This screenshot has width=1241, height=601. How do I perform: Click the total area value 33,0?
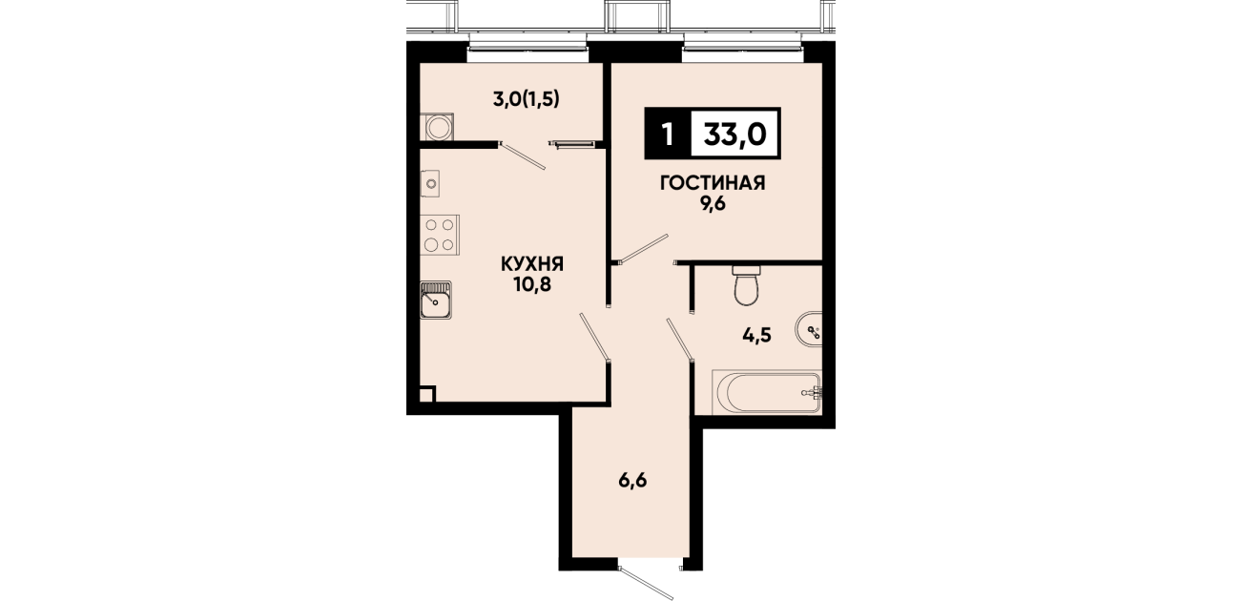click(734, 135)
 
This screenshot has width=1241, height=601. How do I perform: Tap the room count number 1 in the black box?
click(668, 135)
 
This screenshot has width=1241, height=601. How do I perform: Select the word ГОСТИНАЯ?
click(713, 183)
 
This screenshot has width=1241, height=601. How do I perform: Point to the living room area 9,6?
click(713, 204)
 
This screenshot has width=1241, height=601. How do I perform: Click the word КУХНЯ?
click(532, 263)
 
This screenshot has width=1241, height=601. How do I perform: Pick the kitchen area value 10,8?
click(532, 284)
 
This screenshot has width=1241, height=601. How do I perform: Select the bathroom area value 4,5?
click(757, 335)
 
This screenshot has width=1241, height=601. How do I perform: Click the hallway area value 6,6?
click(632, 480)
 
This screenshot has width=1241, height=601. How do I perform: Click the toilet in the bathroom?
click(746, 284)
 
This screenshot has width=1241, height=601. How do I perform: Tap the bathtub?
click(766, 392)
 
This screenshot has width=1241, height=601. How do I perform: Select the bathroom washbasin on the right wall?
click(810, 331)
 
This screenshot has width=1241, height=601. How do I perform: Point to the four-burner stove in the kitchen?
click(440, 235)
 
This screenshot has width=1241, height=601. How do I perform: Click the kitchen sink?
click(436, 300)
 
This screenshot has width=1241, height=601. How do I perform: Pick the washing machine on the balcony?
click(437, 127)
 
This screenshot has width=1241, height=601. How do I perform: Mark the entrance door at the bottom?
click(646, 583)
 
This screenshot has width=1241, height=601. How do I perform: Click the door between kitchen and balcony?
click(522, 155)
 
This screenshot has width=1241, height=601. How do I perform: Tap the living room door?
click(643, 248)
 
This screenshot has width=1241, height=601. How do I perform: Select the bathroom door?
click(680, 341)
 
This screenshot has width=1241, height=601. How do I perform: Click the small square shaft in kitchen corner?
click(427, 394)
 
